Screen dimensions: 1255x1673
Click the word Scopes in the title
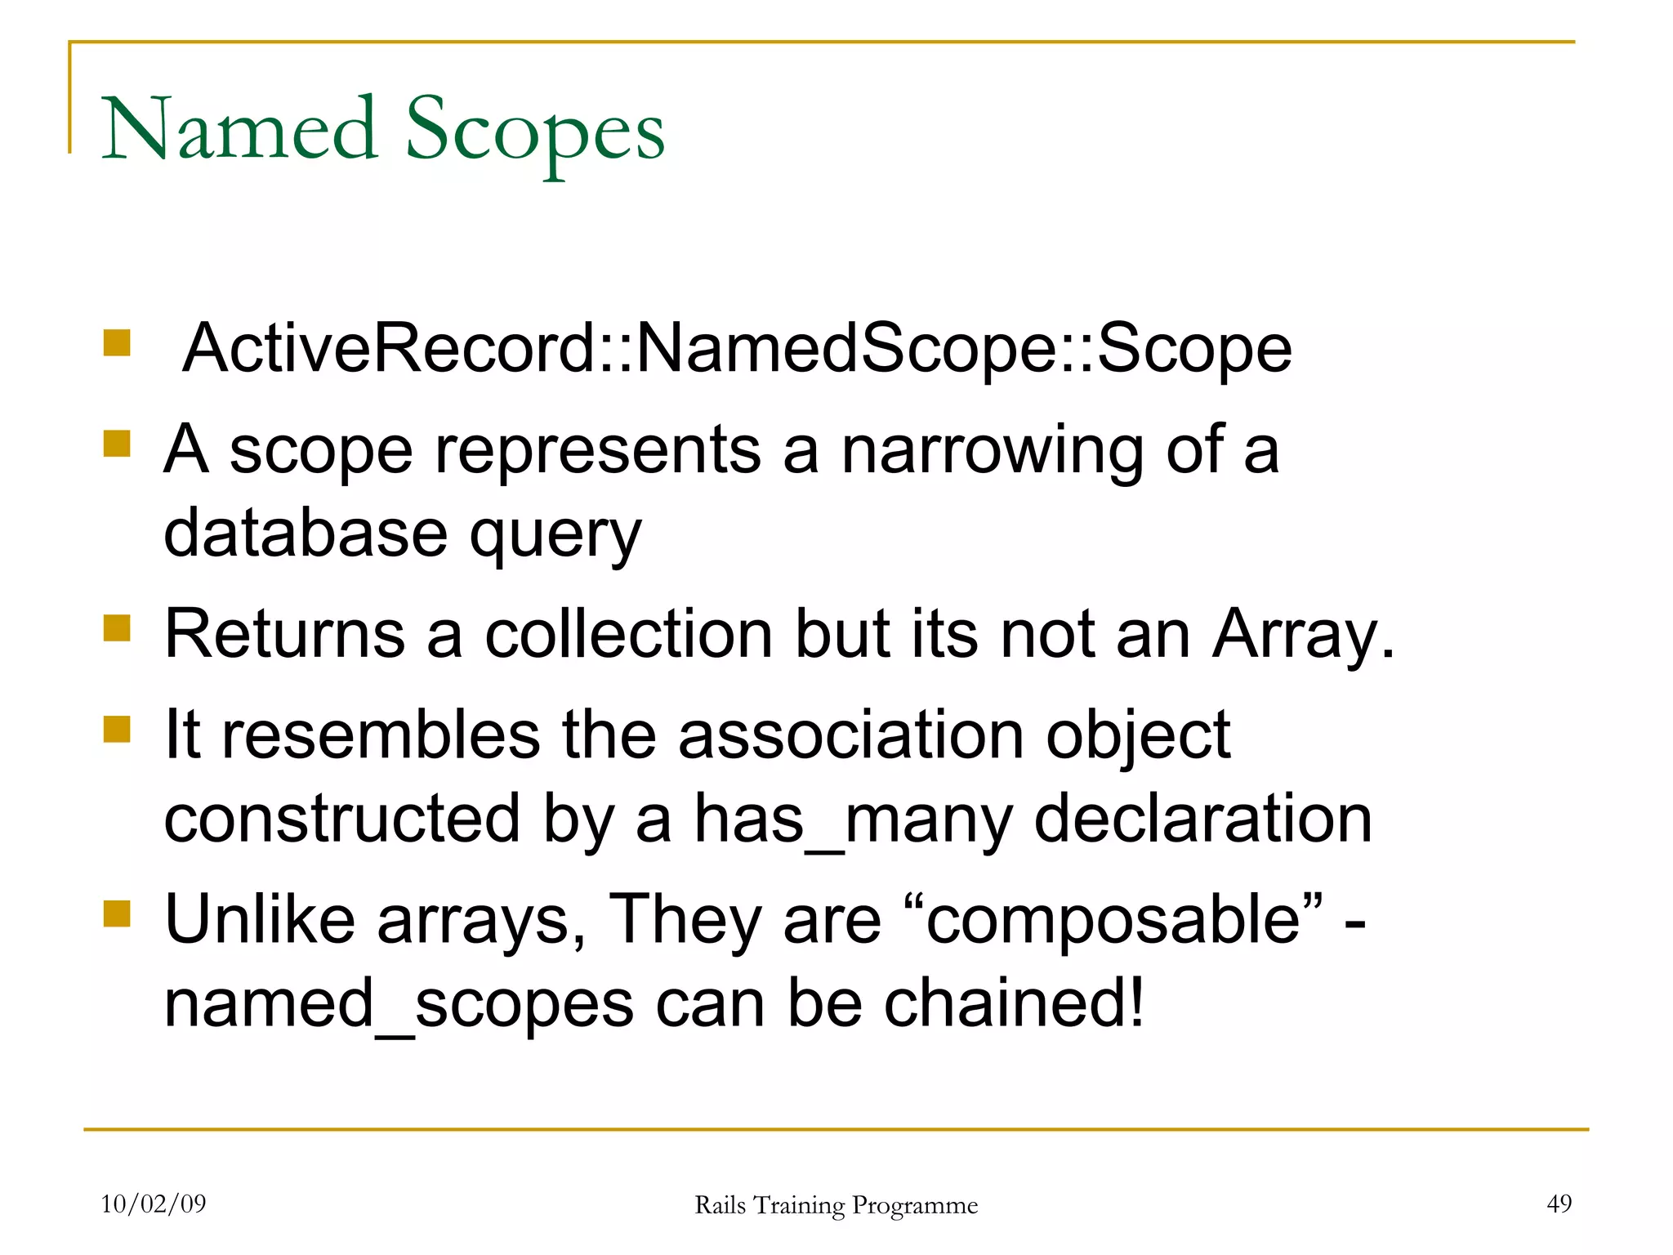point(535,131)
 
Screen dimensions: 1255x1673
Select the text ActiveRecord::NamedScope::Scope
point(737,349)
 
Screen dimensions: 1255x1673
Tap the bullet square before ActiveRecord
point(117,343)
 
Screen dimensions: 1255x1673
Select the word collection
point(628,634)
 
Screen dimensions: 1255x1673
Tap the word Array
point(1302,636)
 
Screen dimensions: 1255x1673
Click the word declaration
point(1202,819)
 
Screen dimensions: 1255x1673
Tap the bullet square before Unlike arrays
point(117,914)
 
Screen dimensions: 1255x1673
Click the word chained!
point(1015,1003)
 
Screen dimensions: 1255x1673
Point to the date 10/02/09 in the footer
point(154,1204)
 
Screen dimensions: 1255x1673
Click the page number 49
point(1559,1204)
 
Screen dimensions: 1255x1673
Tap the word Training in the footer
point(798,1205)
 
